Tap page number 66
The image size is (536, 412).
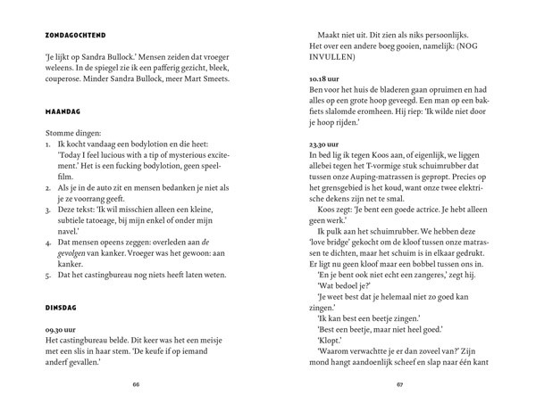point(137,386)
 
